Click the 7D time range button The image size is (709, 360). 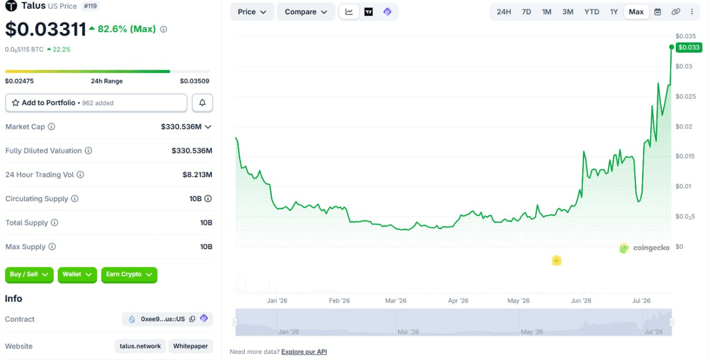(x=526, y=12)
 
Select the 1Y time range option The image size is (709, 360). (x=614, y=12)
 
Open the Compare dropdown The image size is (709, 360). (x=306, y=12)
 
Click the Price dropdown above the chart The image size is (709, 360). (x=251, y=12)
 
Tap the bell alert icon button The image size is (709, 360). (x=202, y=103)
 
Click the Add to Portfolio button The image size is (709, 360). (x=96, y=103)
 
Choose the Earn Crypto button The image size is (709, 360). (x=129, y=275)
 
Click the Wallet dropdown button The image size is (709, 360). (x=77, y=275)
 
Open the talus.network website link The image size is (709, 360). (x=140, y=346)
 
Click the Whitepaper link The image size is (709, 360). (x=191, y=346)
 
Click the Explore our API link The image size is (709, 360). (x=304, y=352)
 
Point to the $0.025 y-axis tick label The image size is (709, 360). (x=686, y=96)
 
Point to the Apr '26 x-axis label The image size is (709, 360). (x=458, y=301)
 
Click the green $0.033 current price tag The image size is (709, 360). (x=689, y=48)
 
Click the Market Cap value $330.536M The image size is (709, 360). (x=181, y=127)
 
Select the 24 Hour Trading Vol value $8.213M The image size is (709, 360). (x=197, y=174)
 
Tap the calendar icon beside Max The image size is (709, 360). (x=657, y=12)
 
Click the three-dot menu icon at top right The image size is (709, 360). (x=692, y=12)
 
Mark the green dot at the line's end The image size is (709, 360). (x=671, y=47)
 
